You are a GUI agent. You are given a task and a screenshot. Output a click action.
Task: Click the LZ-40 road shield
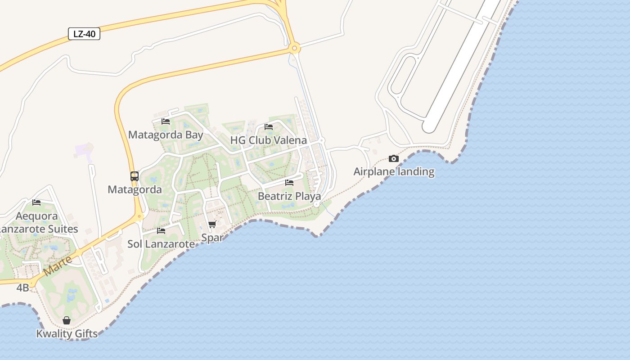coord(84,34)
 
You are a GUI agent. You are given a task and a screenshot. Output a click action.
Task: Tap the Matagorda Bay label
coord(166,135)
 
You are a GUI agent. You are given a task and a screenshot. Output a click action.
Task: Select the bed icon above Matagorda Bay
coord(166,121)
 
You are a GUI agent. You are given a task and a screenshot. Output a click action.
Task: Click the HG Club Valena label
coord(269,140)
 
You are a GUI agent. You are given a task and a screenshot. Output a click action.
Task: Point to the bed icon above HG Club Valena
coord(269,126)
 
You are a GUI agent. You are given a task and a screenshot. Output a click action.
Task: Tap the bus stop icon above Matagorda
coord(135,176)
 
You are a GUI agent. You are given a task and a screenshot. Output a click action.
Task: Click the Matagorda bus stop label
coord(135,189)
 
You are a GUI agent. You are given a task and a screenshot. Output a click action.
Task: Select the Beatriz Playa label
coord(289,196)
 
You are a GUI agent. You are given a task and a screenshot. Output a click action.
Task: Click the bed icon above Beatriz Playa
coord(289,182)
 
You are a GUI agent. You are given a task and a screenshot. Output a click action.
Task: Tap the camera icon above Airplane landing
coord(394,158)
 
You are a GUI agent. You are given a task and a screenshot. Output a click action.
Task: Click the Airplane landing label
coord(394,171)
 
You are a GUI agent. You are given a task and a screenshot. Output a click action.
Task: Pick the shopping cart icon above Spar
coord(212,224)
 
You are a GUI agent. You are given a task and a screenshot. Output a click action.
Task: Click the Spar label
coord(212,237)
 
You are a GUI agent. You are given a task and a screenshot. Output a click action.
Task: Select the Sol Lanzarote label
coord(161,244)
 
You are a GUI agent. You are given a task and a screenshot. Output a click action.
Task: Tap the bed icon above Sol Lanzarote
coord(161,231)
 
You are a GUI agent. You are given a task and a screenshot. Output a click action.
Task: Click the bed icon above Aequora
coord(36,202)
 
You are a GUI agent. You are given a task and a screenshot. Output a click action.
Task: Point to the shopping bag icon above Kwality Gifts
coord(67,320)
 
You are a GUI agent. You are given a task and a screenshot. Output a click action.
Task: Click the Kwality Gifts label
coord(67,333)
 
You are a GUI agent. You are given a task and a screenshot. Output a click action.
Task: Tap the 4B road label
coord(22,288)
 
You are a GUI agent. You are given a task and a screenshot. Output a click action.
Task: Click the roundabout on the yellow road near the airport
coord(294,48)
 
